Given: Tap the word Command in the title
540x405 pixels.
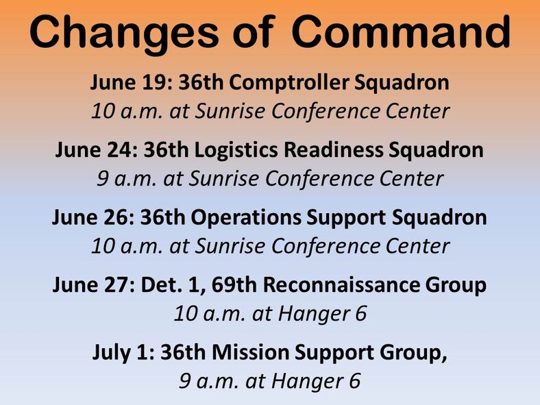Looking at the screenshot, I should pos(400,32).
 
